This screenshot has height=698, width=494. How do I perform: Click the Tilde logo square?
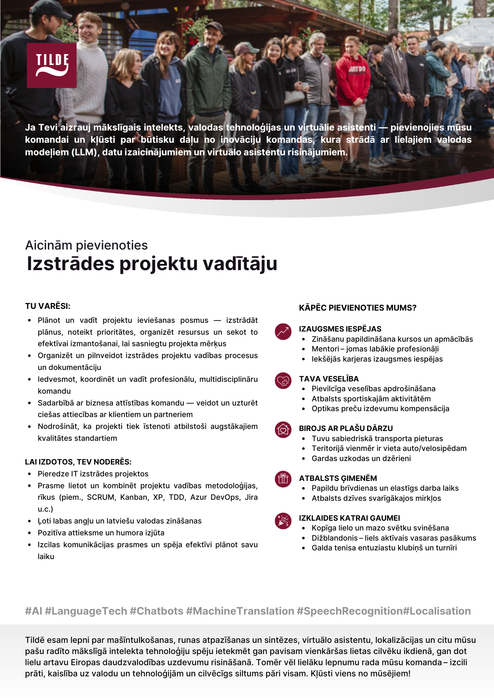click(52, 65)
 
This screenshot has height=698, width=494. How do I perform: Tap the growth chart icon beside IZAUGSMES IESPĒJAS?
click(283, 332)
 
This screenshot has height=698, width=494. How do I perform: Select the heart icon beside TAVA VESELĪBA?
click(283, 381)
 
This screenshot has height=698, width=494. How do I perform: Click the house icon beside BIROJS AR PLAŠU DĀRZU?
click(283, 430)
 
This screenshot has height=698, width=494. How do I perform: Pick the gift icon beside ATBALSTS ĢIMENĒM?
click(283, 479)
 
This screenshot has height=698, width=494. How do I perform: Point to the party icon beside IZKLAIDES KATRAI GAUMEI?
click(283, 521)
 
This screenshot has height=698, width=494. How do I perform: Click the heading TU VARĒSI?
click(48, 306)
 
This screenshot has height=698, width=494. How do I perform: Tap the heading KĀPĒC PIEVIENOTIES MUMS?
click(357, 308)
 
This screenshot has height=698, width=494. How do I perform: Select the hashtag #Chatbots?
click(156, 611)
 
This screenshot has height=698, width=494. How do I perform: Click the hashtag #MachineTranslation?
click(240, 611)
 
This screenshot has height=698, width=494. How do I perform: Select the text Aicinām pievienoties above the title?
click(86, 245)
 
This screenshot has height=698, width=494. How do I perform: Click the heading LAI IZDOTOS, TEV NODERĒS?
click(78, 462)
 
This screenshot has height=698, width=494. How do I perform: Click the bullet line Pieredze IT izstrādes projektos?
click(93, 474)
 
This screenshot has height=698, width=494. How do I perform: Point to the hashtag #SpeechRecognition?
click(349, 611)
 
